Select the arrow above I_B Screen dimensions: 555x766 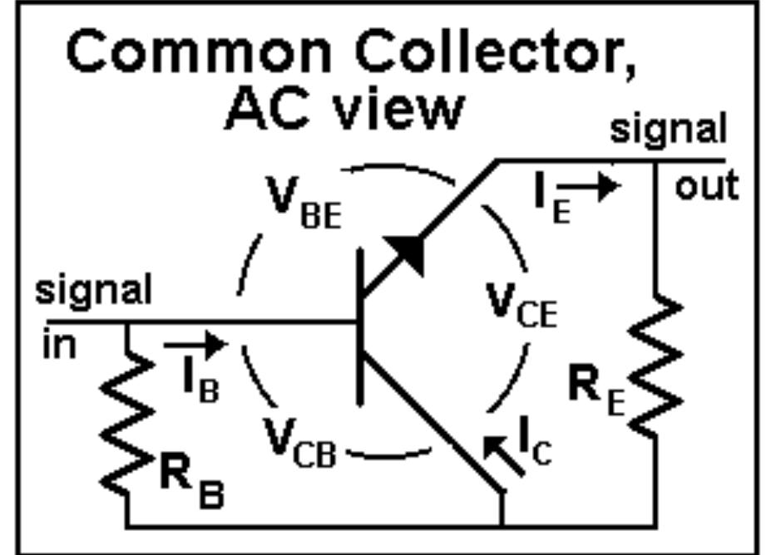pos(194,343)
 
